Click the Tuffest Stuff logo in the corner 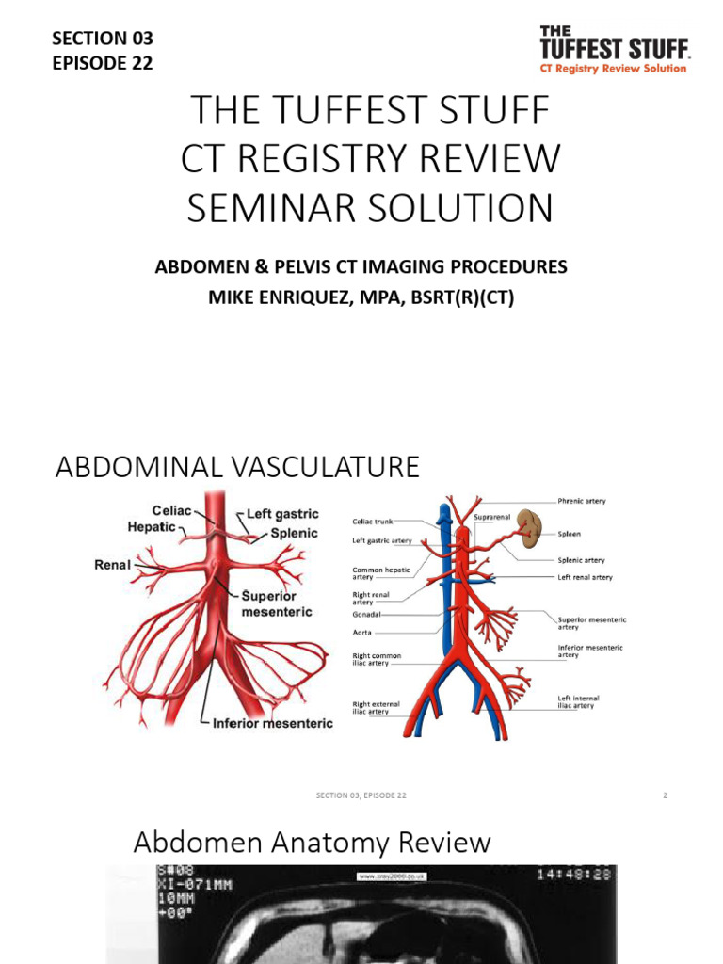pyautogui.click(x=613, y=50)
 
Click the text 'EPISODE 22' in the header pyautogui.click(x=102, y=63)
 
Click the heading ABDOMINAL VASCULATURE pyautogui.click(x=237, y=467)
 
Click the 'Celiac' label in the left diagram pyautogui.click(x=171, y=510)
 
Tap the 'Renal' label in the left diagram pyautogui.click(x=111, y=567)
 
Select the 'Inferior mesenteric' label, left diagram pyautogui.click(x=272, y=723)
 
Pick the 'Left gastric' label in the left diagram pyautogui.click(x=282, y=514)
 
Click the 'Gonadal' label pyautogui.click(x=366, y=614)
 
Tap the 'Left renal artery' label pyautogui.click(x=585, y=577)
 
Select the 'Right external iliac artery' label pyautogui.click(x=376, y=708)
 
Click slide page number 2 pyautogui.click(x=665, y=795)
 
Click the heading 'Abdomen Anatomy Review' pyautogui.click(x=312, y=842)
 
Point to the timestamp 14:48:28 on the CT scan pyautogui.click(x=574, y=875)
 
